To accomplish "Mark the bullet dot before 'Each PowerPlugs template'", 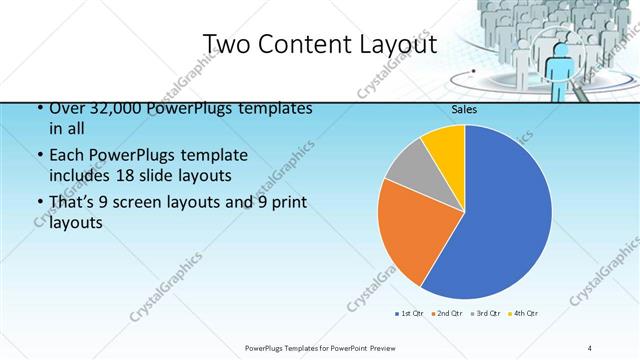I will tap(39, 156).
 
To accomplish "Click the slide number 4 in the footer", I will tap(589, 347).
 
